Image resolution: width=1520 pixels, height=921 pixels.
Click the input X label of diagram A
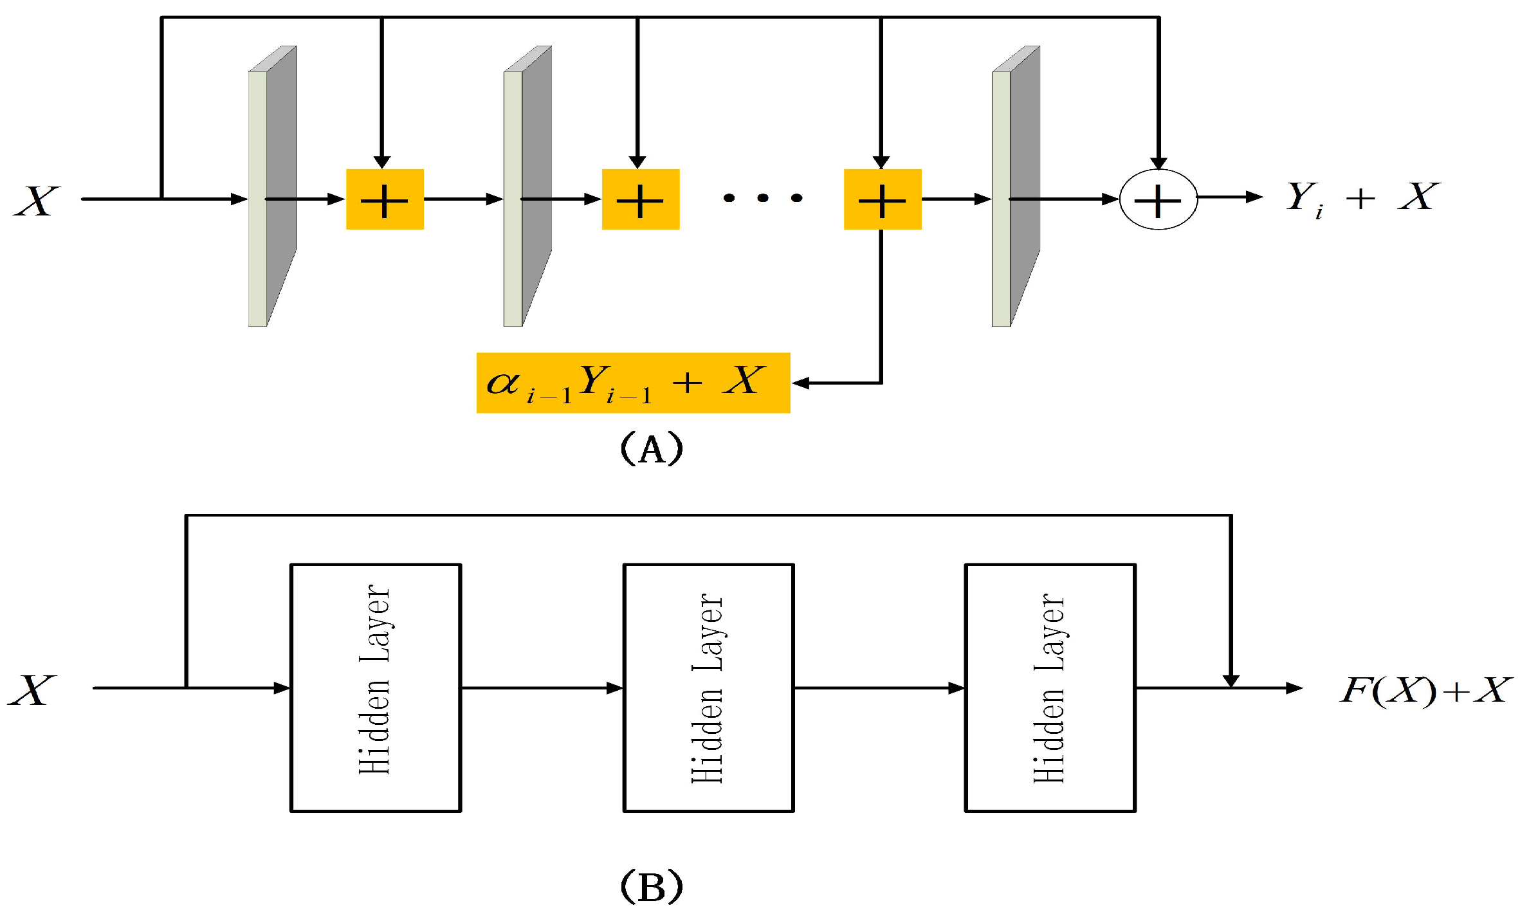37,201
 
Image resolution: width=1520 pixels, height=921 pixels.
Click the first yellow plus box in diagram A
385,199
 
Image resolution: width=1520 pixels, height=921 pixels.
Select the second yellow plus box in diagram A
640,199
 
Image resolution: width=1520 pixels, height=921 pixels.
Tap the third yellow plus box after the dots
882,199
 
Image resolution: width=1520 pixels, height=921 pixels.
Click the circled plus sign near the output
1158,199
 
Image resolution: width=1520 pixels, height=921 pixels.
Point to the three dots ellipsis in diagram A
762,198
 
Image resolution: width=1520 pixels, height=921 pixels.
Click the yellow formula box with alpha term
632,383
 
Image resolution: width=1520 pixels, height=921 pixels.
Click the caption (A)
651,449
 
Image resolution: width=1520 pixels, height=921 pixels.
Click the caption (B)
651,888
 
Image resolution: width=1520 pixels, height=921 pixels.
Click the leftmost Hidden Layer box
376,688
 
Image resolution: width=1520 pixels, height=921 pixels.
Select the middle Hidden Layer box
708,688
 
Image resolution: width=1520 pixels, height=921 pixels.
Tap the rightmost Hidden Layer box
1050,688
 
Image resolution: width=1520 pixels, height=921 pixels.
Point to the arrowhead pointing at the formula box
800,383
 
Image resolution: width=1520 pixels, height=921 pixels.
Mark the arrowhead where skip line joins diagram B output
1231,681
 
